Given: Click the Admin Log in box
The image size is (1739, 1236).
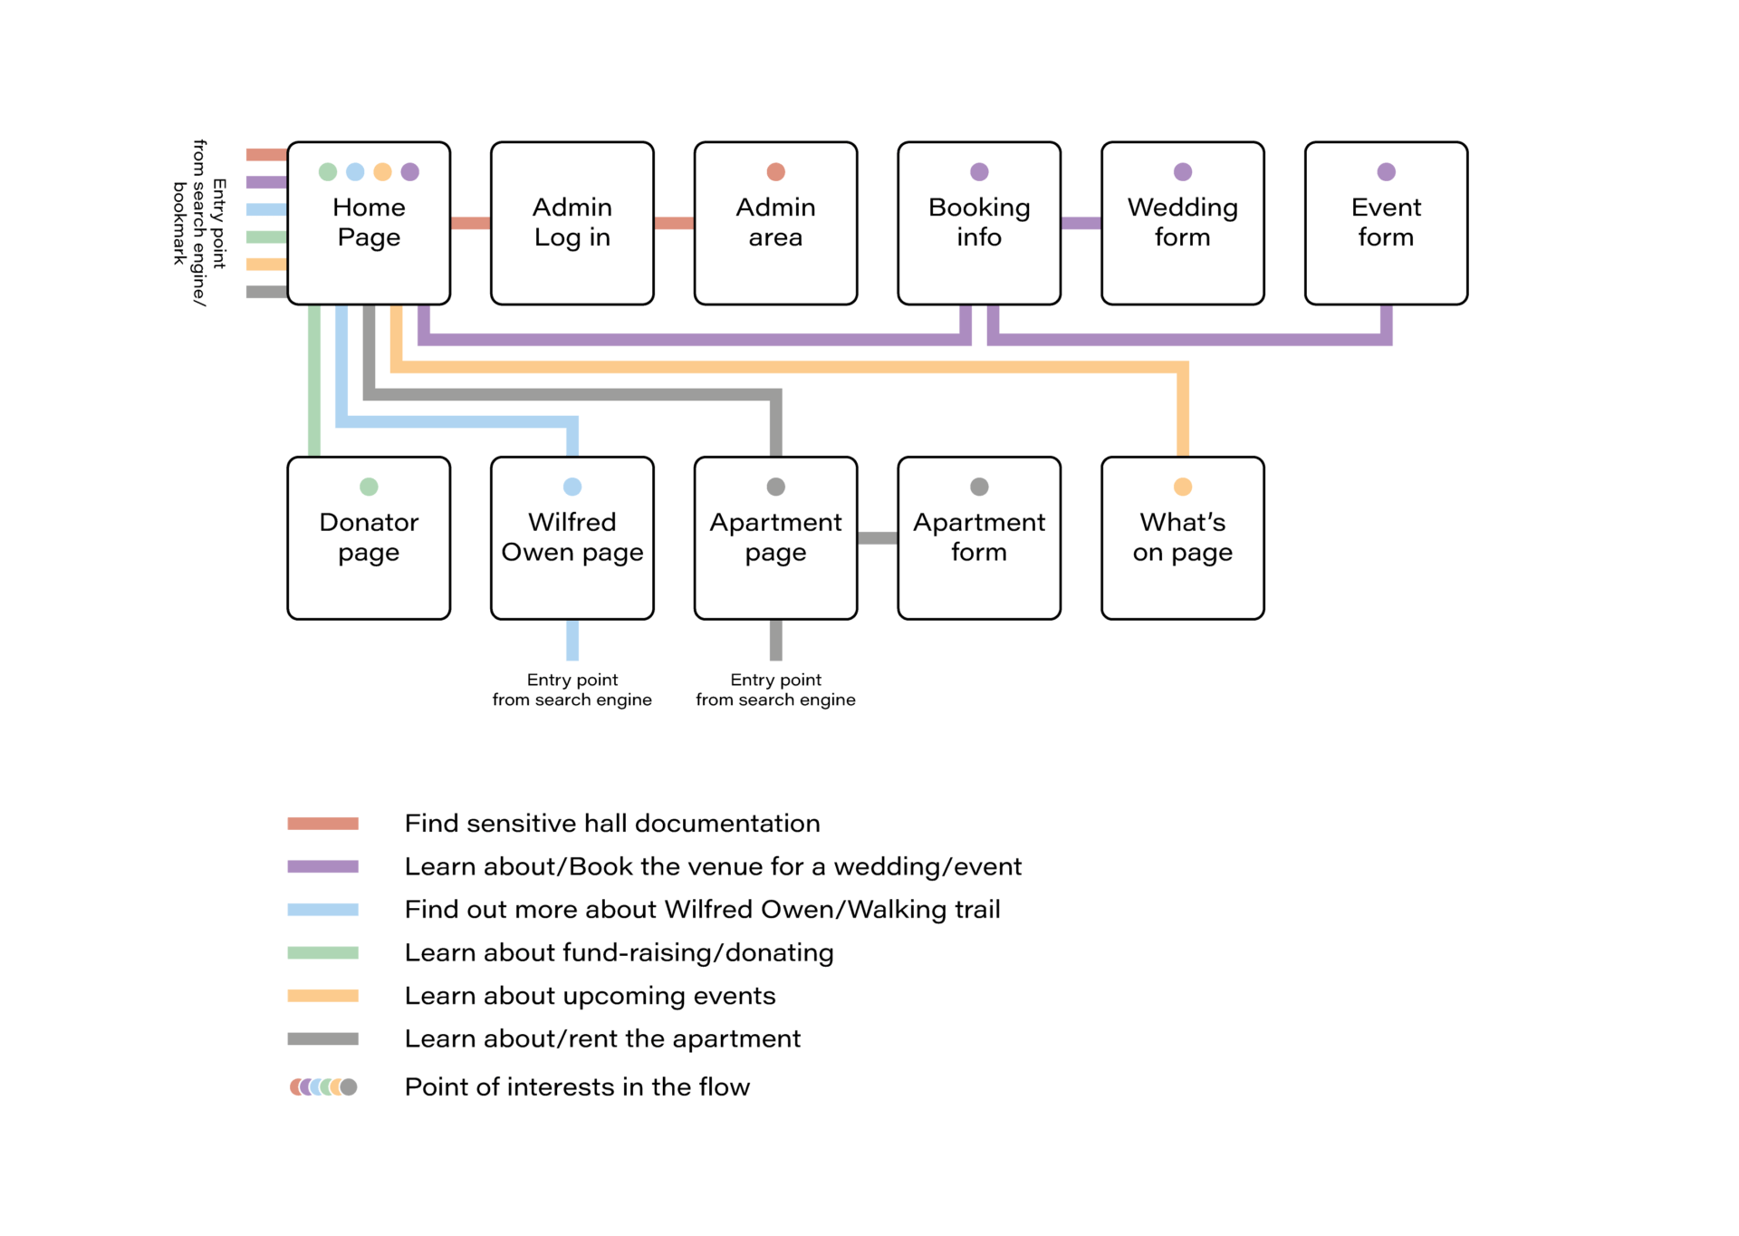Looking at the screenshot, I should pyautogui.click(x=572, y=223).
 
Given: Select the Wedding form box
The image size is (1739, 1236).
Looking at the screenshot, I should pyautogui.click(x=1182, y=223).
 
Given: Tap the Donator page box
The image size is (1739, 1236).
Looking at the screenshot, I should pyautogui.click(x=369, y=538).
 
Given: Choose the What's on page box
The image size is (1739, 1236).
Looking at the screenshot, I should pyautogui.click(x=1182, y=538).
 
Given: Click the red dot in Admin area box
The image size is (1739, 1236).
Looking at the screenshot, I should pyautogui.click(x=775, y=171).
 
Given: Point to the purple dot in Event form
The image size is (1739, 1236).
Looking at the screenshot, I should pyautogui.click(x=1386, y=171).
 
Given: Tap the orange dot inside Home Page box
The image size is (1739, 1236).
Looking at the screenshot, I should pyautogui.click(x=382, y=171).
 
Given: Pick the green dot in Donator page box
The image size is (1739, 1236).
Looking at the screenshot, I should pyautogui.click(x=369, y=487).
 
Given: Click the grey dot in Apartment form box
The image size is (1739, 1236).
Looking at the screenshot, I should pyautogui.click(x=979, y=487).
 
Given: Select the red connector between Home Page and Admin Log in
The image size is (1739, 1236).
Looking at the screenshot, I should pyautogui.click(x=470, y=223).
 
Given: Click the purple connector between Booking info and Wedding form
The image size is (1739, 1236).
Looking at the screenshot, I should pyautogui.click(x=1081, y=223).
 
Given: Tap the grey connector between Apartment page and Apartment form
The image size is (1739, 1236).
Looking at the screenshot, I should pyautogui.click(x=877, y=538).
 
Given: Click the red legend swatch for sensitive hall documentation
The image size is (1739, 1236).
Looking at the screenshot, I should pyautogui.click(x=322, y=824).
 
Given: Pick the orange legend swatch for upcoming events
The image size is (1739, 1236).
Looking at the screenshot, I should pyautogui.click(x=322, y=996).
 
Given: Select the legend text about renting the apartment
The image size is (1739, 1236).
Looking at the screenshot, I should pyautogui.click(x=602, y=1038).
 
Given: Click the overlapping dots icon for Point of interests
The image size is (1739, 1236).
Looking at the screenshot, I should pyautogui.click(x=323, y=1086).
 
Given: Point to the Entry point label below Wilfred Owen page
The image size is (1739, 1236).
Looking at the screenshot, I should pyautogui.click(x=572, y=690).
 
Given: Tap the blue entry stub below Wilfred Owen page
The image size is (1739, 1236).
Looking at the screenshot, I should pyautogui.click(x=572, y=640).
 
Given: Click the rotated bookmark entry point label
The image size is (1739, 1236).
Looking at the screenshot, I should pyautogui.click(x=199, y=223).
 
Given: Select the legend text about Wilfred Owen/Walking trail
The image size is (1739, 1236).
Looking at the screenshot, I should pyautogui.click(x=702, y=909).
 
